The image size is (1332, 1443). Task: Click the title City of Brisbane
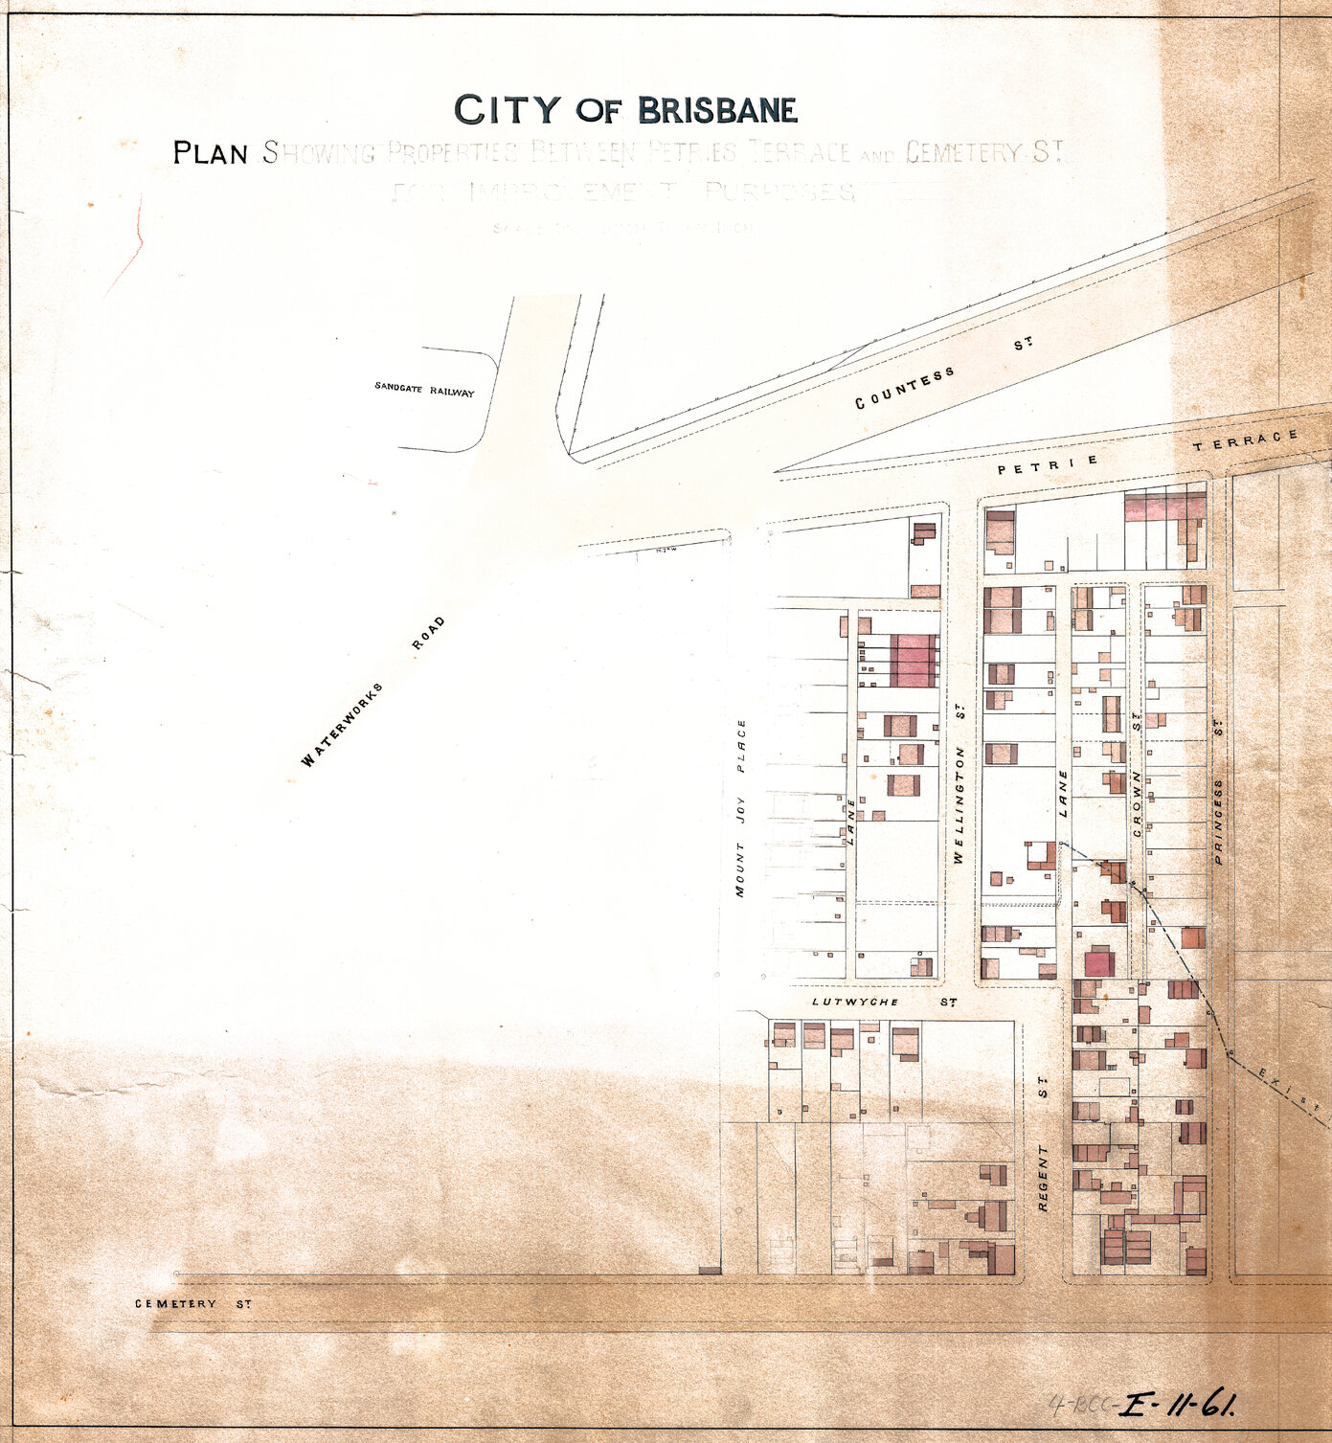point(625,110)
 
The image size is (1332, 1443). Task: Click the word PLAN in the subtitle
point(211,153)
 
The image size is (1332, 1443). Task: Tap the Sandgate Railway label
point(424,389)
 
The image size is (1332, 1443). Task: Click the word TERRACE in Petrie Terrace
point(1246,440)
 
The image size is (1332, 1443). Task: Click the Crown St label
point(1138,778)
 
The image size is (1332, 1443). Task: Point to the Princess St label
point(1219,792)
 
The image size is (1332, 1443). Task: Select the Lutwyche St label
point(884,1002)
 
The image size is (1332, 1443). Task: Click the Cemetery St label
point(192,1303)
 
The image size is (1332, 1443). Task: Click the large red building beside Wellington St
point(914,660)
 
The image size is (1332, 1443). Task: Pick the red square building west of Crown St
point(1099,961)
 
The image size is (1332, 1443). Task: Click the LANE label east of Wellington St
point(1063,794)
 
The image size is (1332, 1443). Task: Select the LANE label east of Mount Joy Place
point(850,822)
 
